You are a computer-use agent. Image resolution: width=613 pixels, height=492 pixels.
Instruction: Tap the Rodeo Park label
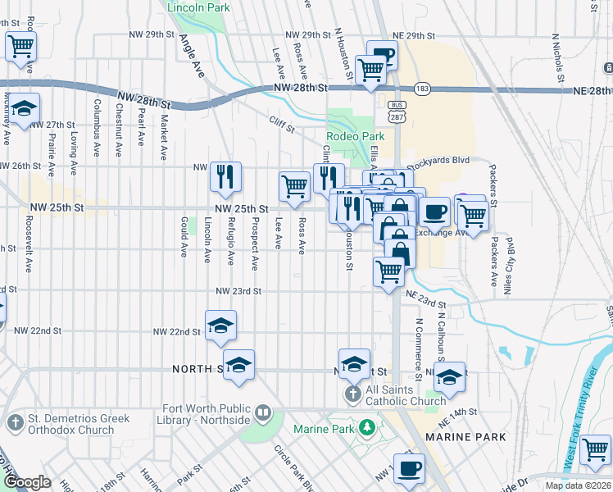point(355,136)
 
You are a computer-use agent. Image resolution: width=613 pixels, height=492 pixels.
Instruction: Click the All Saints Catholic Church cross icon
point(353,394)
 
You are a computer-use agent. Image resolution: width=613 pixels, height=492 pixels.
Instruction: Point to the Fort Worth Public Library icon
point(263,412)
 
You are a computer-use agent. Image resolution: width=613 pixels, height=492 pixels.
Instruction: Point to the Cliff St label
point(282,122)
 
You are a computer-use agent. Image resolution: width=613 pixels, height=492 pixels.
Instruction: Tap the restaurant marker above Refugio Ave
point(225,176)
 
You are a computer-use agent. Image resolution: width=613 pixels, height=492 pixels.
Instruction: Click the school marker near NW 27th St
point(25,109)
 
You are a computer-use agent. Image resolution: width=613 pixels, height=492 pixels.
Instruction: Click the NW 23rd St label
point(238,291)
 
